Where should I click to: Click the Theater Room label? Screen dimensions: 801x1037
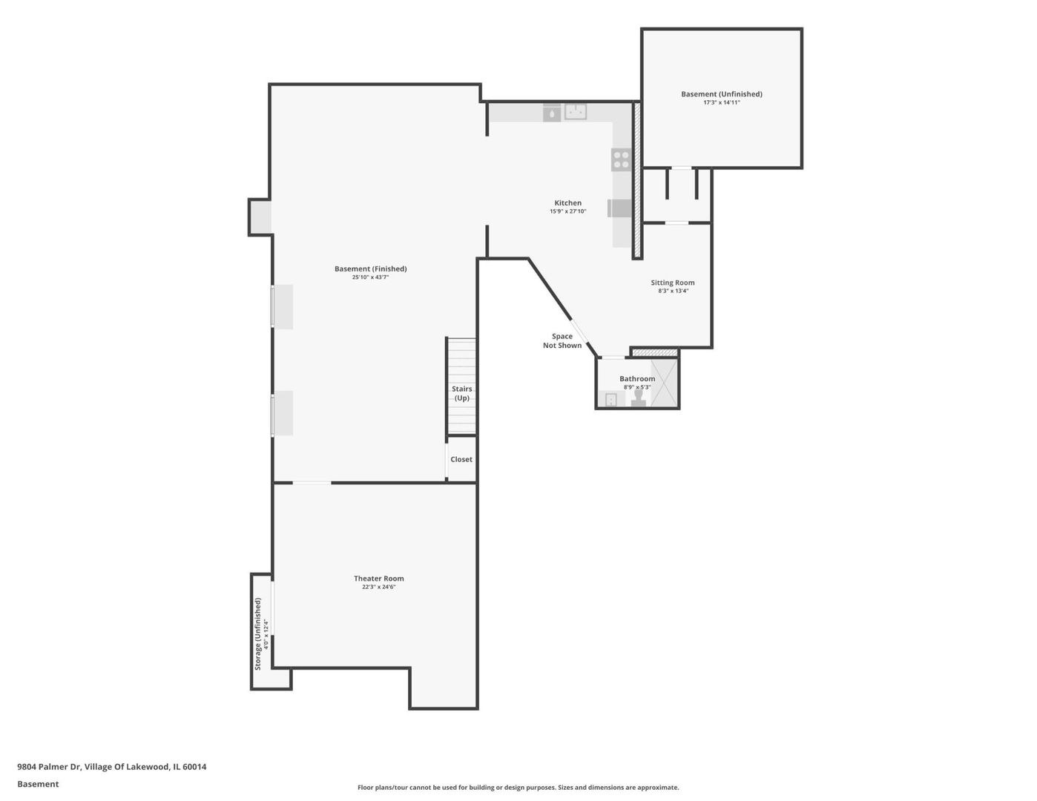[378, 578]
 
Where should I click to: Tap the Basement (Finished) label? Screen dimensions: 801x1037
[370, 269]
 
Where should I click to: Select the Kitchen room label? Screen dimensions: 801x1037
[567, 203]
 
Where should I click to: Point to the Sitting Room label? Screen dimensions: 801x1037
[672, 283]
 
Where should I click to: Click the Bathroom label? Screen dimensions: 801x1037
[637, 379]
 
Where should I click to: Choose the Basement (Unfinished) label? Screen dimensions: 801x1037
[721, 94]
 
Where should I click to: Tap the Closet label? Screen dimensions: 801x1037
[461, 460]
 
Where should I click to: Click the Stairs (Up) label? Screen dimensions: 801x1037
[461, 394]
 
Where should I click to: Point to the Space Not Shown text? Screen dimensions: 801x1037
[562, 341]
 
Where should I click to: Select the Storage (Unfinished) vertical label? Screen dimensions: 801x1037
[258, 633]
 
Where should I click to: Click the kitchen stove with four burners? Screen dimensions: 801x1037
[621, 159]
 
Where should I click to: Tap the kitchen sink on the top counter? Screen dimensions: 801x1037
[576, 112]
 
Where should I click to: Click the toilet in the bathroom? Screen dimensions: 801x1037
[638, 398]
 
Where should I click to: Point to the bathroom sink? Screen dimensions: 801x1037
[610, 400]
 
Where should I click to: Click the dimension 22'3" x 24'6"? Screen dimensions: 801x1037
[378, 587]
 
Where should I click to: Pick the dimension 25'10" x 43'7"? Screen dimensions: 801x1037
[370, 277]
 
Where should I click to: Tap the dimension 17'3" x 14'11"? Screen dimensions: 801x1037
[721, 102]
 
